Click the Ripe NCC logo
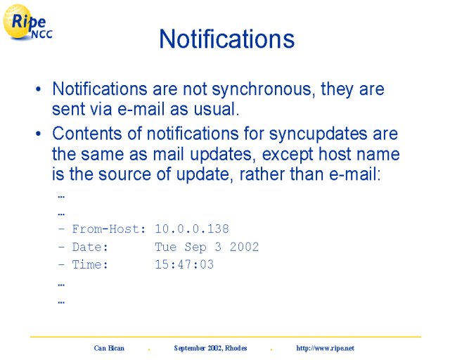click(x=27, y=22)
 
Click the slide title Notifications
click(x=226, y=39)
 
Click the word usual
click(x=216, y=109)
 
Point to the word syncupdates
click(x=319, y=134)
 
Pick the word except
click(x=288, y=155)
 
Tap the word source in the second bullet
click(x=125, y=175)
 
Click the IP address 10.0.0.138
click(x=192, y=229)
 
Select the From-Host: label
click(x=109, y=229)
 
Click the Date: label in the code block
click(x=90, y=247)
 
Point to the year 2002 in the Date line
click(x=244, y=247)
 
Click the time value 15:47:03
click(x=184, y=264)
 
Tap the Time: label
click(x=90, y=264)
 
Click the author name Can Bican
click(x=109, y=348)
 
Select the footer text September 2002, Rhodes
click(x=210, y=348)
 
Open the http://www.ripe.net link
click(x=325, y=349)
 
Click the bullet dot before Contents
click(x=39, y=134)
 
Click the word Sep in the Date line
click(x=195, y=247)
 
